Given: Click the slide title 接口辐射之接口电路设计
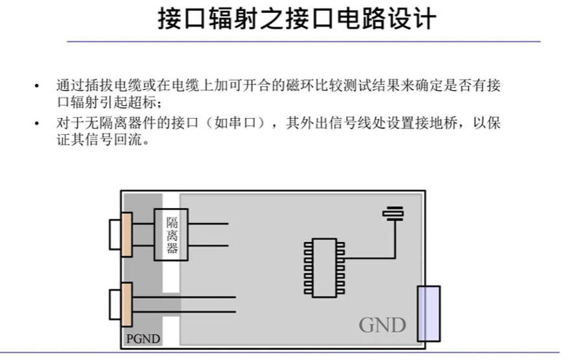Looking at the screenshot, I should [x=298, y=19].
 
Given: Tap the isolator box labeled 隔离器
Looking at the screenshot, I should [x=171, y=234].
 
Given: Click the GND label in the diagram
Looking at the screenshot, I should [x=383, y=324].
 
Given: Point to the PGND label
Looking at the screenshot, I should [x=143, y=339].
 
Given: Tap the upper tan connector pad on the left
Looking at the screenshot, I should [x=126, y=234].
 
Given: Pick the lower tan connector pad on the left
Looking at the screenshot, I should [x=126, y=304].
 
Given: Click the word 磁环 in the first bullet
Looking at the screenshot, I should [x=294, y=86].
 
